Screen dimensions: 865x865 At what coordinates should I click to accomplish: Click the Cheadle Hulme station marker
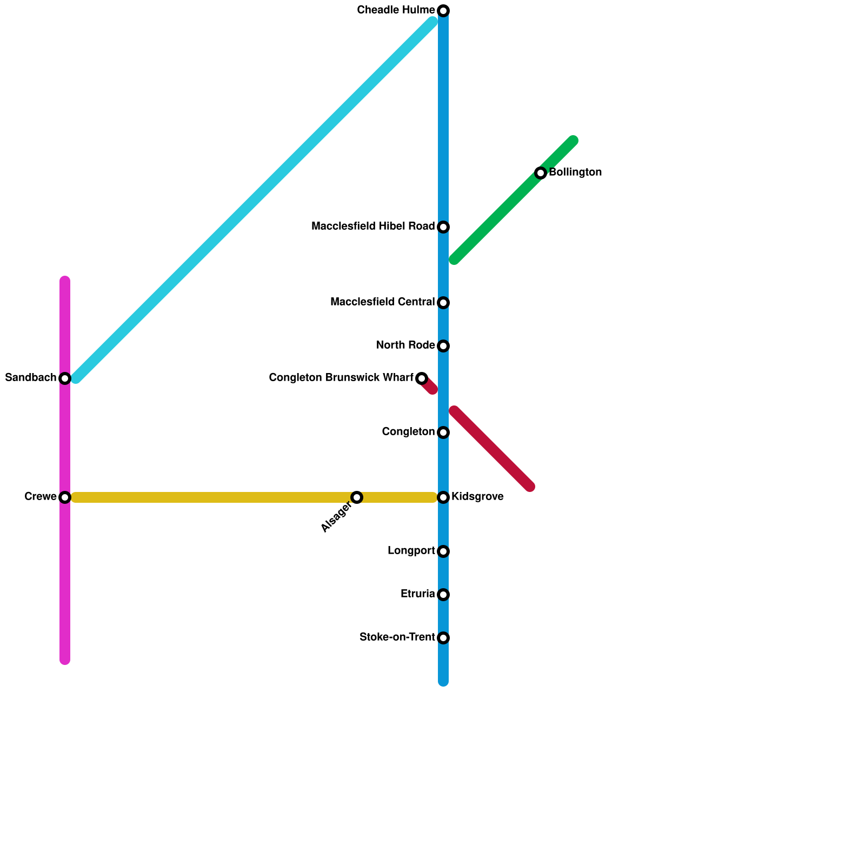443,11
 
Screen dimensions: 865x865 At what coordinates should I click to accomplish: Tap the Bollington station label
575,172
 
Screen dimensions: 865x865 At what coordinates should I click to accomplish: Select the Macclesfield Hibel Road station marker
443,227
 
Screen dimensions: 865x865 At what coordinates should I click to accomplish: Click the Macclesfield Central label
382,302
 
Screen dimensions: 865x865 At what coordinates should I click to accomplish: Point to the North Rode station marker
443,346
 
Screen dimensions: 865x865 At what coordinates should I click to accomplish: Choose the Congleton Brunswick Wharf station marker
422,378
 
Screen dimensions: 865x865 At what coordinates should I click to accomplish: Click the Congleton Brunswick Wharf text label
341,378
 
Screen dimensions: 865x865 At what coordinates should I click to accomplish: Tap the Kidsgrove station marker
443,497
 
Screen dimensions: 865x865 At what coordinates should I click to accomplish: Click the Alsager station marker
357,497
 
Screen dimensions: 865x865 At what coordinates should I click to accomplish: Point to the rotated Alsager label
336,517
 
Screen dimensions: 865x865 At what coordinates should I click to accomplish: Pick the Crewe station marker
65,497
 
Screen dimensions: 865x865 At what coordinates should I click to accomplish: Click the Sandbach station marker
65,378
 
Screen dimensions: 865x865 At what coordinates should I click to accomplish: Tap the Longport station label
411,551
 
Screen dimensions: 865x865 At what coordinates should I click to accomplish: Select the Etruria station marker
443,595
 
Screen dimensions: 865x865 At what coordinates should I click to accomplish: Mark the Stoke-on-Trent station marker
443,638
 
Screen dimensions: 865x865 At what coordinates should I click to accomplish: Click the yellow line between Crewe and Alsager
211,497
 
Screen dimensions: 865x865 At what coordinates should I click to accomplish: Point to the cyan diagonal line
254,200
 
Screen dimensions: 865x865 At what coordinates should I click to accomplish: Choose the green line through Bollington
497,216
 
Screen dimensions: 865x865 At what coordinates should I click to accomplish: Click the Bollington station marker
541,173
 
